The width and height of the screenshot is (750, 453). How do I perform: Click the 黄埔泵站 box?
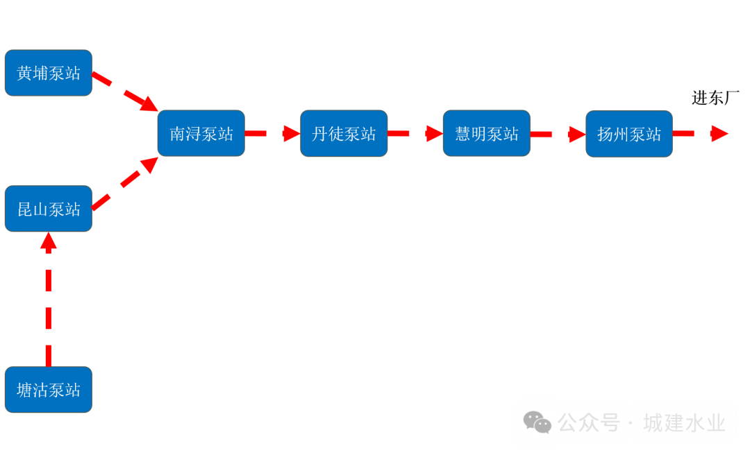click(49, 73)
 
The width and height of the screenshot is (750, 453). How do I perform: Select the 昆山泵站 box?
click(49, 209)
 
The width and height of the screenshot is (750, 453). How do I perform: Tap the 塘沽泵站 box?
click(49, 390)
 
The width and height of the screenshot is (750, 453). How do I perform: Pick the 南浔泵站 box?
click(201, 133)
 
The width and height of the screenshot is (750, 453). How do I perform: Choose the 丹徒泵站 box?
click(344, 133)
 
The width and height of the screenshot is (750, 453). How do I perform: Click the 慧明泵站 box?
click(487, 133)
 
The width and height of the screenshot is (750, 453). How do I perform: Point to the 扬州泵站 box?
click(629, 134)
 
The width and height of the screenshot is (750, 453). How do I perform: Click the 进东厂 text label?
click(715, 98)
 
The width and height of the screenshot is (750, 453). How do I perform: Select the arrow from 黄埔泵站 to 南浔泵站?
click(125, 91)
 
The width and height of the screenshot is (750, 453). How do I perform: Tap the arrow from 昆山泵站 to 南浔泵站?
click(125, 182)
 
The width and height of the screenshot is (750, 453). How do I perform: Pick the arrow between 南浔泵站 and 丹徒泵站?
click(272, 133)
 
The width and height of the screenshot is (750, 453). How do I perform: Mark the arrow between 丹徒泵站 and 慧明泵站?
click(415, 133)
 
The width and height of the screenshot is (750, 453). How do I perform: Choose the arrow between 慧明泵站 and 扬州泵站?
click(558, 134)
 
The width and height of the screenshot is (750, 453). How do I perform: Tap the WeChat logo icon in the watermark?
click(537, 422)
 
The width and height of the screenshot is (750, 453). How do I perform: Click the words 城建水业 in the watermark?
click(684, 422)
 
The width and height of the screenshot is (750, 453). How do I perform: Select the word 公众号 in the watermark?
click(589, 422)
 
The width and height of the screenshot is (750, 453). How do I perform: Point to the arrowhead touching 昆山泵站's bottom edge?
click(49, 241)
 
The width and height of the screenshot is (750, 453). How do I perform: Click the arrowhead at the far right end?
click(719, 134)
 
